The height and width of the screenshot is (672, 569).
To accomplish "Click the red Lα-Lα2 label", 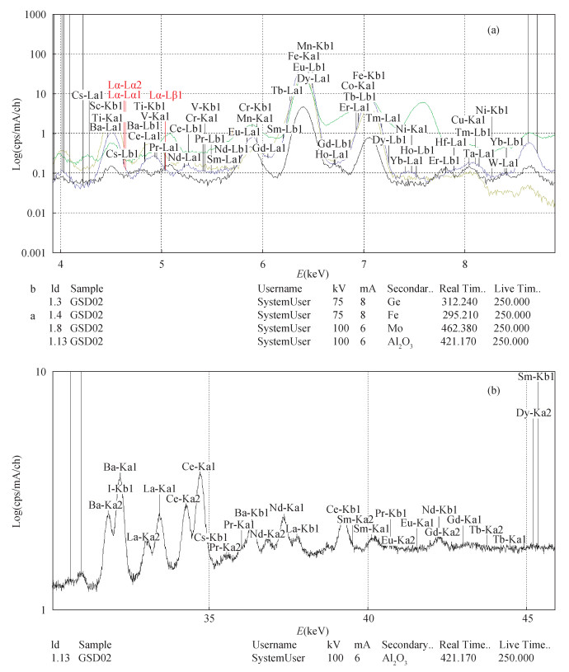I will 126,85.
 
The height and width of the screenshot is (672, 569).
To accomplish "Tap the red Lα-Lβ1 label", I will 166,96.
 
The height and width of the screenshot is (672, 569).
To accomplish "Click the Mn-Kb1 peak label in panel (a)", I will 315,46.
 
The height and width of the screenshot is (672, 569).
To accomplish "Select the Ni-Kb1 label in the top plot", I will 492,110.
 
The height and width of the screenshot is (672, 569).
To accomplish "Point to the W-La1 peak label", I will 503,162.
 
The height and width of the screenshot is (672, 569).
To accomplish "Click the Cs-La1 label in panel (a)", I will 88,96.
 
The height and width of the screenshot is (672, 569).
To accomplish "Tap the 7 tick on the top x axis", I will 364,266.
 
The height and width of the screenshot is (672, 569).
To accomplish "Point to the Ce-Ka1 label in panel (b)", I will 199,468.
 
